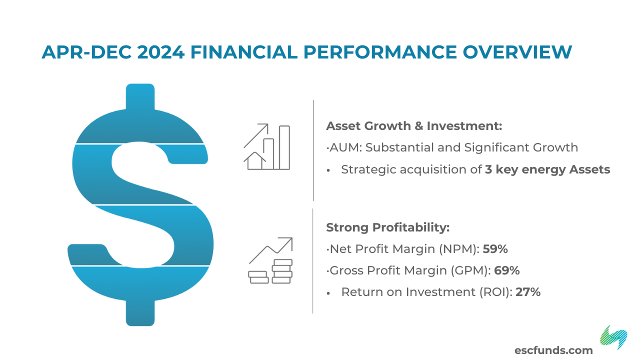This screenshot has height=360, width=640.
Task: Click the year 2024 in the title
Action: (161, 52)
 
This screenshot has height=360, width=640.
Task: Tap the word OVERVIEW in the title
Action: (517, 52)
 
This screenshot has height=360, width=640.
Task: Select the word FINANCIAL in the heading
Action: (244, 52)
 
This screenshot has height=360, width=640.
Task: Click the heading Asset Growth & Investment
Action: (414, 126)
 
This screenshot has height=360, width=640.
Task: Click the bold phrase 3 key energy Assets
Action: (547, 169)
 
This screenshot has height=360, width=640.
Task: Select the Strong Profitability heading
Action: (387, 227)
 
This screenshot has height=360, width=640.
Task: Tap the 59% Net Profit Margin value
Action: (495, 249)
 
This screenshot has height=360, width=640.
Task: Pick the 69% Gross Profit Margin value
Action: (507, 270)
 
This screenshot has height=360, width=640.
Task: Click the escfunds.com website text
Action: (553, 350)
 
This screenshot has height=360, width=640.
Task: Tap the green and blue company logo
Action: (613, 337)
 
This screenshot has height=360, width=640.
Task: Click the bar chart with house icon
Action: (267, 147)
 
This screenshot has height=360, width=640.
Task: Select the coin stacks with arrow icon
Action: (270, 260)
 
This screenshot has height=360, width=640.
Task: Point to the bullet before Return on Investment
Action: (328, 293)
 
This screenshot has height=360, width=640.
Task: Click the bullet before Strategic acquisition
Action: (328, 170)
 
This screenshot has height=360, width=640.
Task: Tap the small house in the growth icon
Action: (255, 161)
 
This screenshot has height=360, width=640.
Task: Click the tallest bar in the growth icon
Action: (284, 147)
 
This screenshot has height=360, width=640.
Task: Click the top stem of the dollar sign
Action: (140, 97)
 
